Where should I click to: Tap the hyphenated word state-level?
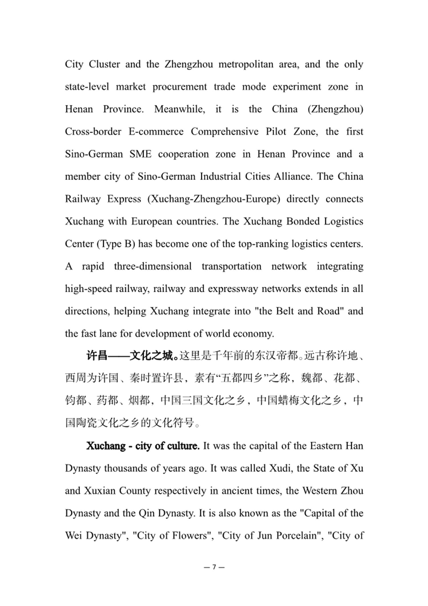(x=87, y=87)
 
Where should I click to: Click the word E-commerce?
(x=156, y=131)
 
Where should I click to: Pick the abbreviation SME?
(x=140, y=154)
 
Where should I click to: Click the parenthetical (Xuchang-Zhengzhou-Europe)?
(x=214, y=199)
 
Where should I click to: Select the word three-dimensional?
(x=153, y=266)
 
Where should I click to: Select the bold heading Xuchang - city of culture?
(x=143, y=446)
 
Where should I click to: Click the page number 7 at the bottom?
(x=214, y=567)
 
